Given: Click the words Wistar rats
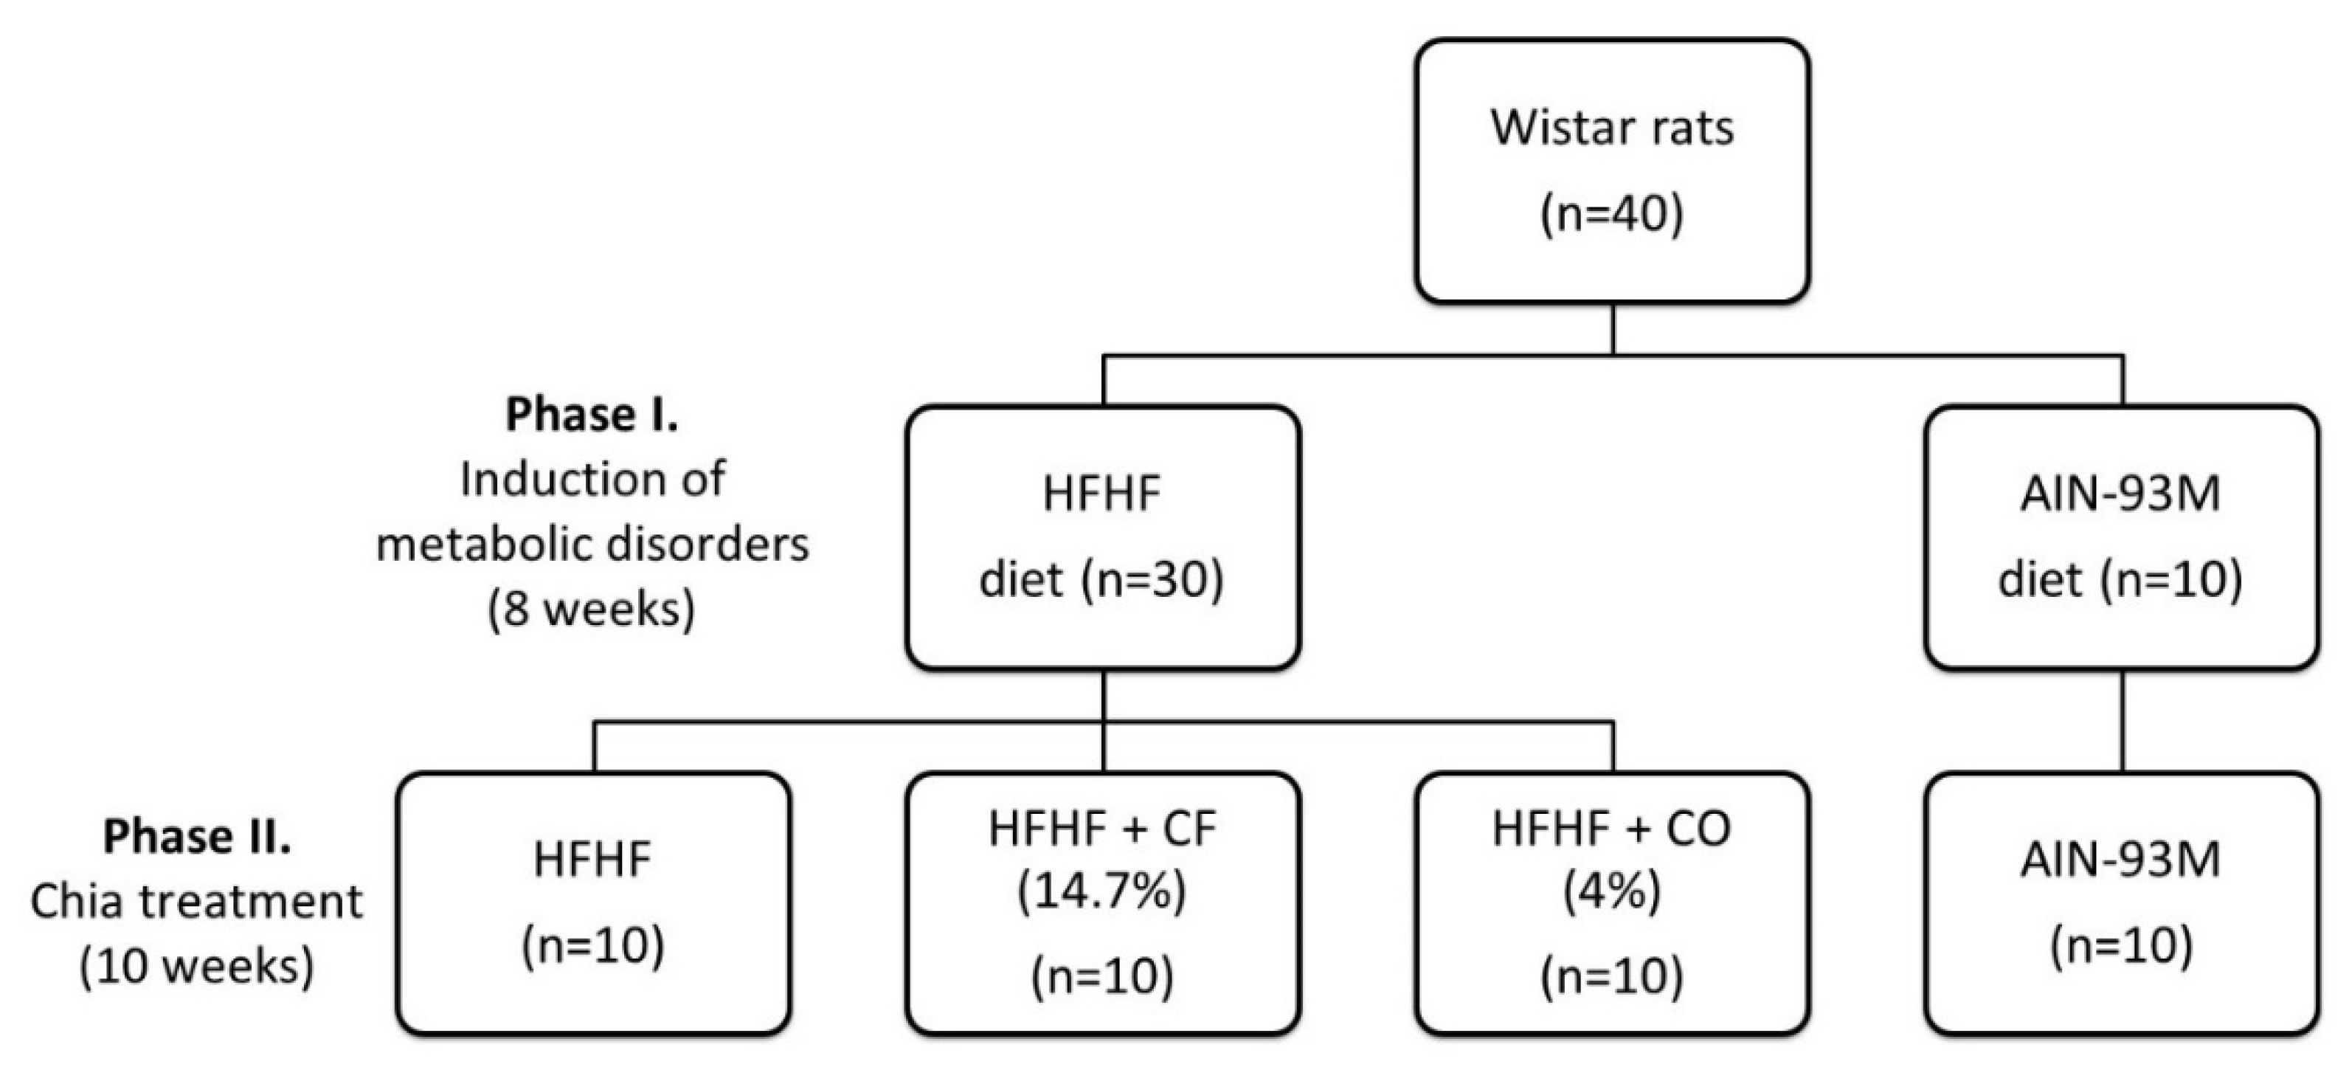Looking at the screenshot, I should click(x=1611, y=128).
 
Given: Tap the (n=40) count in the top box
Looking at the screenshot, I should click(x=1611, y=214).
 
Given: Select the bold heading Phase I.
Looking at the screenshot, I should click(x=592, y=415).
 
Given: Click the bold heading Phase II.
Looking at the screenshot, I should click(x=197, y=836).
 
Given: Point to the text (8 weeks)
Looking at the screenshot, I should click(x=592, y=608).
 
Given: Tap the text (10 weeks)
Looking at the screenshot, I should click(x=197, y=966).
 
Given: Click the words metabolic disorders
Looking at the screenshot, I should click(x=592, y=545).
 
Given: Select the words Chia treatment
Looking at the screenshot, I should click(x=197, y=902).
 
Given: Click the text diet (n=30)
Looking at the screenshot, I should click(x=1101, y=579).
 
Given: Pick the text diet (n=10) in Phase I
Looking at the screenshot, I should click(x=2120, y=579).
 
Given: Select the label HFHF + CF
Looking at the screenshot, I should click(x=1101, y=829).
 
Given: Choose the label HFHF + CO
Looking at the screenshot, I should click(x=1611, y=829).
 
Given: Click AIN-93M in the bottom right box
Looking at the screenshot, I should click(x=2120, y=860).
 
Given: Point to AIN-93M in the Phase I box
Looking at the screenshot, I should click(x=2120, y=494).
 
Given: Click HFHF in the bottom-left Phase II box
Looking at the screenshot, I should click(x=592, y=860).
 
